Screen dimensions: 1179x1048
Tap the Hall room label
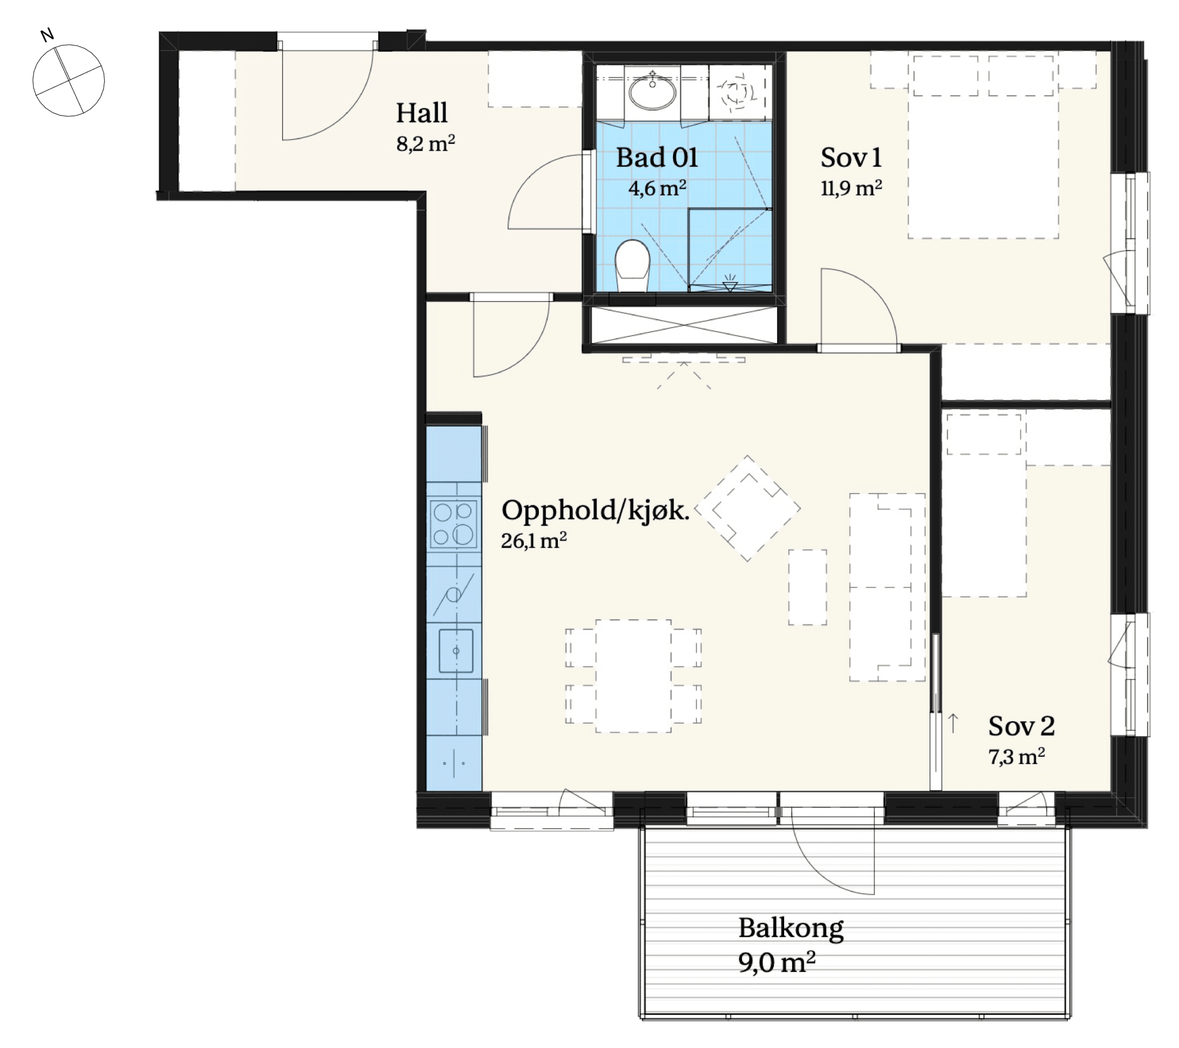point(421,113)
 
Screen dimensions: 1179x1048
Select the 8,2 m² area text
point(425,143)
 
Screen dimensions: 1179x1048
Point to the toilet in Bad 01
point(633,265)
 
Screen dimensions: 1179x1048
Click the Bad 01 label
point(657,158)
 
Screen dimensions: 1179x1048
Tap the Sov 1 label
point(851,158)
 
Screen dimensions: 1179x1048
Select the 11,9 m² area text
point(851,188)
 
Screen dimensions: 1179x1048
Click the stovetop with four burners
point(455,524)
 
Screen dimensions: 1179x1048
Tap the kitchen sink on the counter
point(456,650)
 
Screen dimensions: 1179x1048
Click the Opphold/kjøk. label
point(595,510)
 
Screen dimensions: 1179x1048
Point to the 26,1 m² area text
point(534,540)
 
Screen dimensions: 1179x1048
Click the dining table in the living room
point(633,676)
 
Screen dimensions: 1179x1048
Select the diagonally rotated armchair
point(748,508)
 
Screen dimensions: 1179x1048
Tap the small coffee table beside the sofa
point(808,587)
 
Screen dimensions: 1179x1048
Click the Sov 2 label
point(1021,726)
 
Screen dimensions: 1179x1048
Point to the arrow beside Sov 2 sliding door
point(953,723)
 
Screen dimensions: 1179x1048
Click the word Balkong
point(791,929)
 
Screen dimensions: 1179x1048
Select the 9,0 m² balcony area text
point(777,963)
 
